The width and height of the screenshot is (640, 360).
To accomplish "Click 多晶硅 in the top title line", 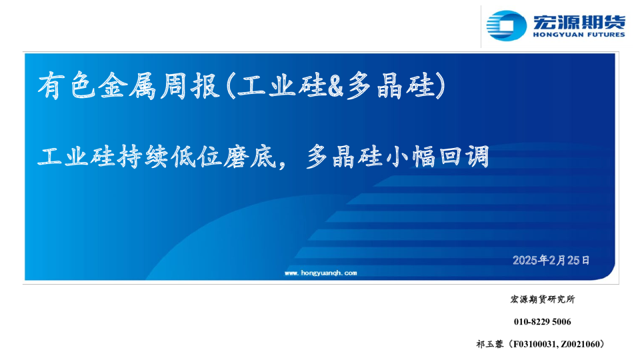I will tap(389, 87).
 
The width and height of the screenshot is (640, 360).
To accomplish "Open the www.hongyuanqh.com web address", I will tap(321, 273).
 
